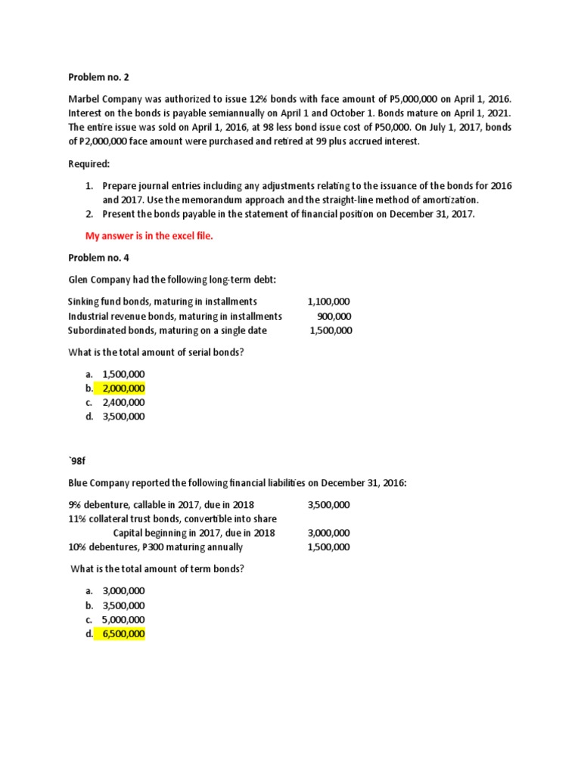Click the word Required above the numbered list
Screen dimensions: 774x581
pos(89,163)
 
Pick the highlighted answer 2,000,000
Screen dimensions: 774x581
pos(123,389)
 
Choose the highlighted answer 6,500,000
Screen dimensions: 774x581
pos(123,633)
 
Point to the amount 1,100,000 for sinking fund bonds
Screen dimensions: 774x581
pos(324,302)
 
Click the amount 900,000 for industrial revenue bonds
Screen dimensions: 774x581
pos(334,316)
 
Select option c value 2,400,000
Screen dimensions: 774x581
pos(123,402)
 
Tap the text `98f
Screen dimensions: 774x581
pos(78,461)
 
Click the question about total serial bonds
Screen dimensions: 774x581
pos(157,352)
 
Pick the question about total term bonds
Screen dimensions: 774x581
pos(157,568)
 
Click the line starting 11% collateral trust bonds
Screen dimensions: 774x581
pos(172,519)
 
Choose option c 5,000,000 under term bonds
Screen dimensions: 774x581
pos(123,619)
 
